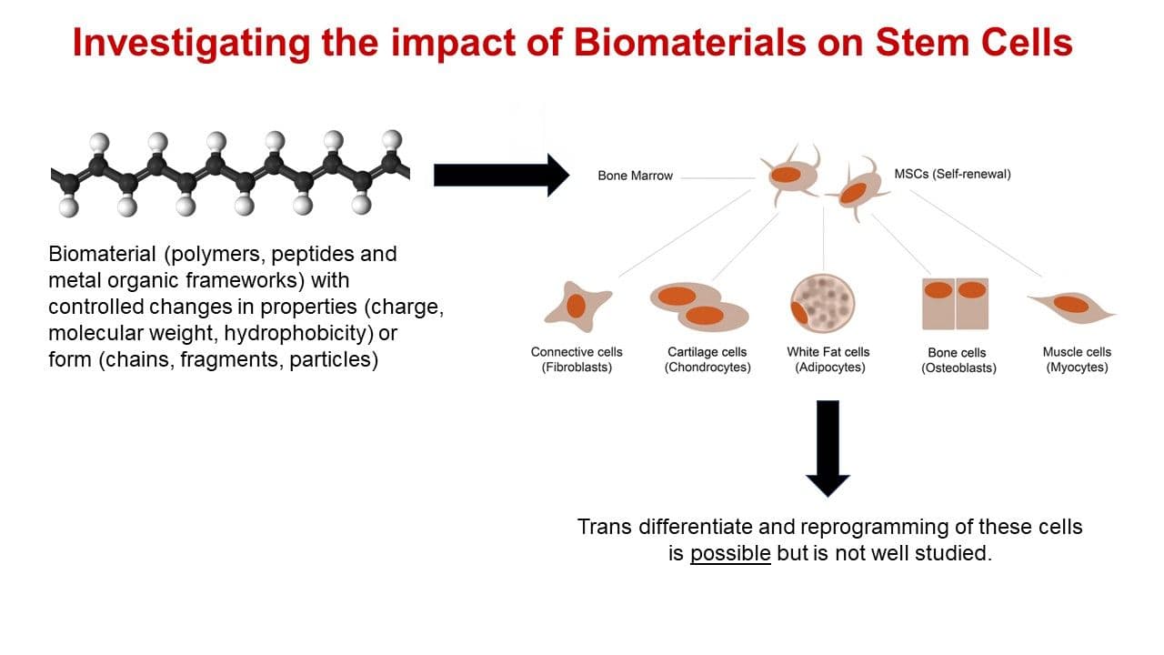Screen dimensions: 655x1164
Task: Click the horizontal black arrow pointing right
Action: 501,175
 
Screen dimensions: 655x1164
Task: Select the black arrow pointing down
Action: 828,448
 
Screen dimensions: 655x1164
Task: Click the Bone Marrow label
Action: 635,176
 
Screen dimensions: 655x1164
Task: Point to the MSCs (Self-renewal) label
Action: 952,174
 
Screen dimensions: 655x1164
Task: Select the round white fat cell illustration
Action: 822,302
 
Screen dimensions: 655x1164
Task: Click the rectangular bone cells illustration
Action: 955,303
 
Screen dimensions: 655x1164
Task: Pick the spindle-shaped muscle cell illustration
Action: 1071,307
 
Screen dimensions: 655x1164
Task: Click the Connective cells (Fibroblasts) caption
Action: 577,360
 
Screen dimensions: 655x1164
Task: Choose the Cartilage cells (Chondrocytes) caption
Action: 707,360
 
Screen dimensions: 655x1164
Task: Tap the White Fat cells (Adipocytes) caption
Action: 828,360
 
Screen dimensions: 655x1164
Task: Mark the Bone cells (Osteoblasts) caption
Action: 958,361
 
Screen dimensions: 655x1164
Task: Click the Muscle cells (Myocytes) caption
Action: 1077,360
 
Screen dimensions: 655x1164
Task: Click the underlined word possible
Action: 730,552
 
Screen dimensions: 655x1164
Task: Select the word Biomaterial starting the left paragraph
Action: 102,253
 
